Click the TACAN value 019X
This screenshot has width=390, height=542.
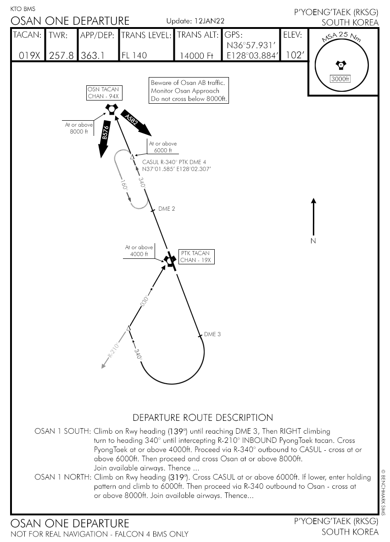29,56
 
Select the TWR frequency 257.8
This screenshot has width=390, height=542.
61,56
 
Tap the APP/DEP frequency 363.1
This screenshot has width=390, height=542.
92,56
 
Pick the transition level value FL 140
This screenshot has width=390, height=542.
134,56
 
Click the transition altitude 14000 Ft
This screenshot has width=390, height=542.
196,56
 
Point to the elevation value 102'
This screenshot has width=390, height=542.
293,55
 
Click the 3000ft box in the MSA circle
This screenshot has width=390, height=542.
340,79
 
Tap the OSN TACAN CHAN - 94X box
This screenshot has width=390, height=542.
103,93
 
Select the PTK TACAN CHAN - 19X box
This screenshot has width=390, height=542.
196,257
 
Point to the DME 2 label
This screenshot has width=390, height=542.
167,208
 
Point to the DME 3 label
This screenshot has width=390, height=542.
212,334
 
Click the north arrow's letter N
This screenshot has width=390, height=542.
313,240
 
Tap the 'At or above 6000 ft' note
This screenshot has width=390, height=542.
163,147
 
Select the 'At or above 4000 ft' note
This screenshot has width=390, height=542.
139,251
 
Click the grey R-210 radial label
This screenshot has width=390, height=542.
113,352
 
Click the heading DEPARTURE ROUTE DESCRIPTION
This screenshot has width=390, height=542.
202,418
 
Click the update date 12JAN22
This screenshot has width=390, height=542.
209,21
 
